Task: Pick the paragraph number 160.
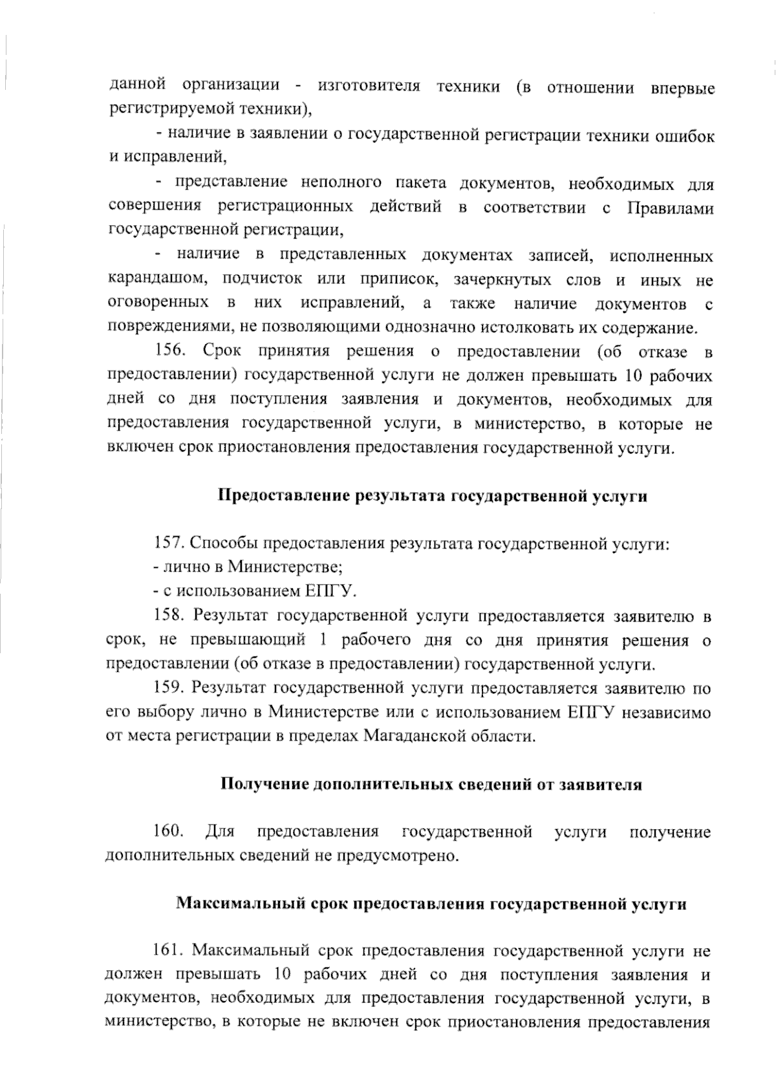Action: click(x=169, y=831)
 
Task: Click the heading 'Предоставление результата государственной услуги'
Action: click(x=433, y=496)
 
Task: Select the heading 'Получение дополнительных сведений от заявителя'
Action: click(x=431, y=784)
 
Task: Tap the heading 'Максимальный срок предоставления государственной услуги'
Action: click(x=431, y=903)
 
